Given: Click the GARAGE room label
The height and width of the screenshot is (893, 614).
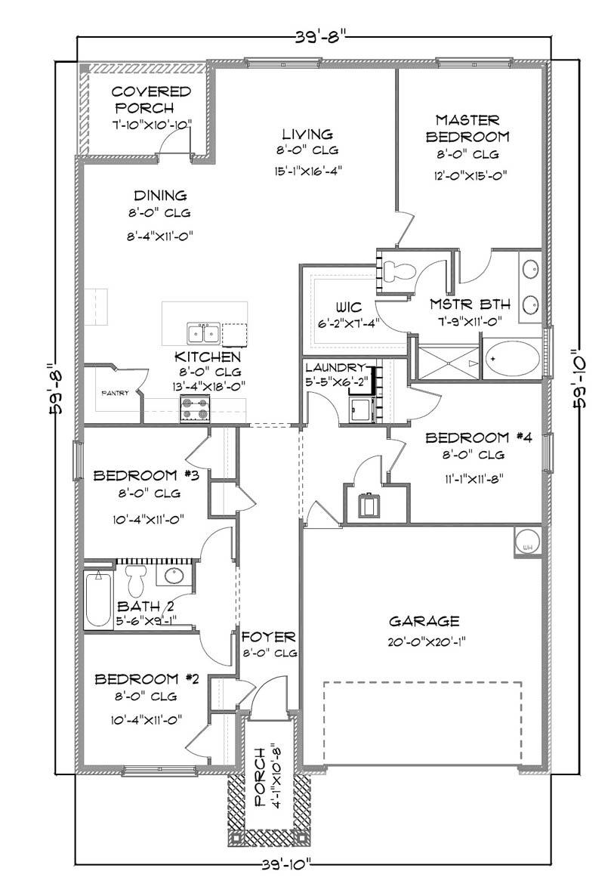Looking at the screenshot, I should tap(424, 621).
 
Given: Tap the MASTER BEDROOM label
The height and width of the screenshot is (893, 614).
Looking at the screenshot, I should tap(467, 128).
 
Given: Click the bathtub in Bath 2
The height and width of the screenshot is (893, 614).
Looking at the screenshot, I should tap(98, 600).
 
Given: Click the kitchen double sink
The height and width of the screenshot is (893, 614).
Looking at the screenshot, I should tap(202, 332).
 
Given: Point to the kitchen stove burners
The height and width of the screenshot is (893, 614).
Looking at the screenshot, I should tap(193, 409).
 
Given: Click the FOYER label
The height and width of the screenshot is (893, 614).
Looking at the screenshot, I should tap(268, 637).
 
